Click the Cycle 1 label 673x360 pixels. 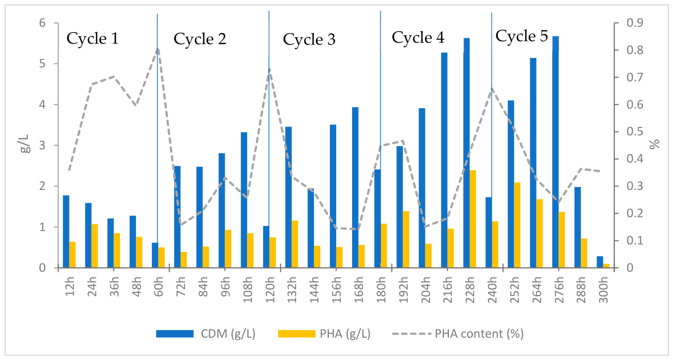point(93,39)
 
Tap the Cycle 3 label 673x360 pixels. point(309,40)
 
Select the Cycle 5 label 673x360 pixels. point(522,36)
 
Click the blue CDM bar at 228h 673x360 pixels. point(466,153)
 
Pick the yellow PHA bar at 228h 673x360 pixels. point(473,219)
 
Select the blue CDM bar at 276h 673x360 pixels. point(555,152)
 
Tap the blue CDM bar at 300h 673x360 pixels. point(600,262)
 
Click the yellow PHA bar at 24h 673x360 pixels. point(95,246)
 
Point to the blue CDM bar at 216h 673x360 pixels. point(444,160)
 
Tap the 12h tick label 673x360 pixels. point(70,287)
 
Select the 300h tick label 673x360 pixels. point(603,290)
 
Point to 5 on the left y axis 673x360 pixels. point(42,63)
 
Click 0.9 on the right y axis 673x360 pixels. point(635,23)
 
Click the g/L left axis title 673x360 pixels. point(26,143)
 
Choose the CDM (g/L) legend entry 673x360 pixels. point(206,334)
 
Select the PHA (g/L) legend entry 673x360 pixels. point(324,334)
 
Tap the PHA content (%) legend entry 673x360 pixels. point(458,334)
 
